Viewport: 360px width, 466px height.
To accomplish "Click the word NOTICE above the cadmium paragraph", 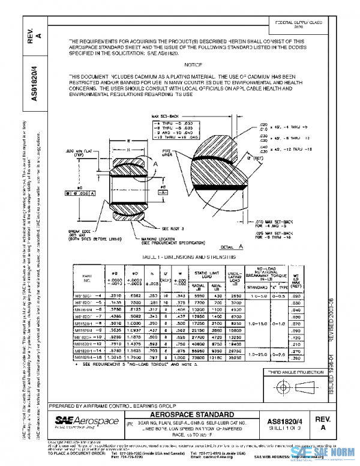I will tap(194, 64).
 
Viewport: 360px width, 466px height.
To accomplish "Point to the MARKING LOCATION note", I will tap(160, 239).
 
